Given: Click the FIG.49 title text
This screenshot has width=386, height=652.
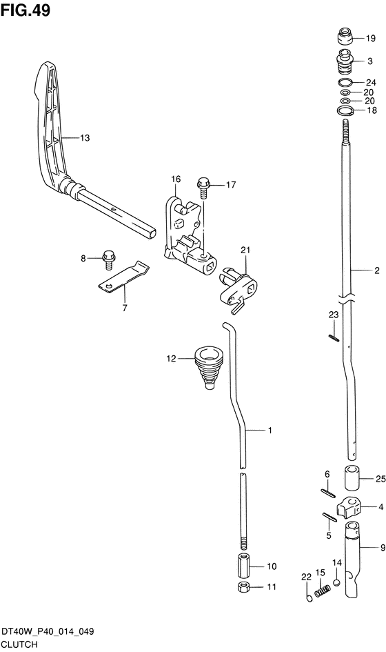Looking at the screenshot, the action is [x=26, y=10].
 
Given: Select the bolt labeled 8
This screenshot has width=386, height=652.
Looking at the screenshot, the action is [x=109, y=260].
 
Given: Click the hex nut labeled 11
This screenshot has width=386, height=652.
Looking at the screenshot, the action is [x=243, y=587].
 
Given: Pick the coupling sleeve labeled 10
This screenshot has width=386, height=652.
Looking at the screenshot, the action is [x=243, y=565].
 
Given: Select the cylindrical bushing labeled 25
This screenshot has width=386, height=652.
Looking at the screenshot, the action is [x=350, y=480].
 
